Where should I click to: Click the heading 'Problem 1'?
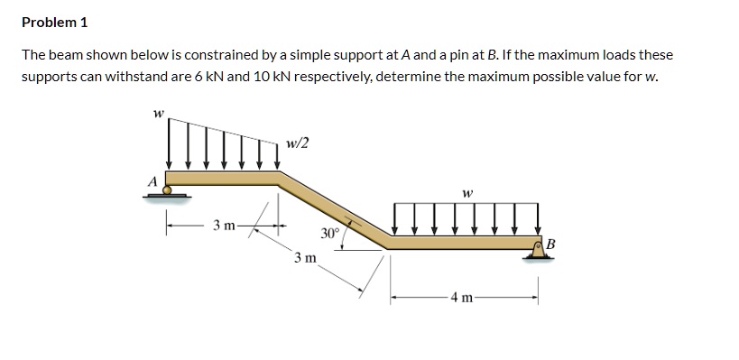55,22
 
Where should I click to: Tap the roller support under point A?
167,191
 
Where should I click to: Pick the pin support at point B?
538,252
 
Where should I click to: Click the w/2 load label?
296,143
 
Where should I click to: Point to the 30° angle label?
329,232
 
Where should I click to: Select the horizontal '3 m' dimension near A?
223,224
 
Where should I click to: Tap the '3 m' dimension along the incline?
304,258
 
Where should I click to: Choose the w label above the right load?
466,192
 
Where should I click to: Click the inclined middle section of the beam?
334,207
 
